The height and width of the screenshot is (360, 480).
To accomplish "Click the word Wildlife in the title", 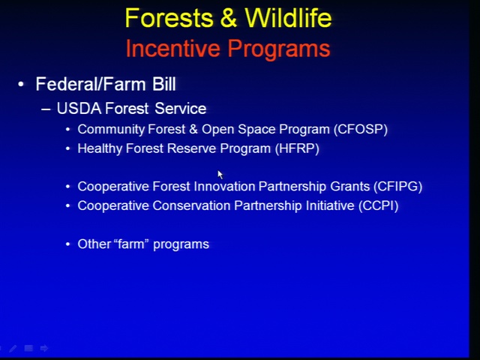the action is click(x=288, y=18).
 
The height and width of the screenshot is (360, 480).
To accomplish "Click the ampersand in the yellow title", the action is click(x=228, y=18).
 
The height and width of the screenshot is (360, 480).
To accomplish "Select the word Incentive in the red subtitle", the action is click(x=172, y=48).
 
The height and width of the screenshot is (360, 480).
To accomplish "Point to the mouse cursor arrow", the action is click(x=220, y=175).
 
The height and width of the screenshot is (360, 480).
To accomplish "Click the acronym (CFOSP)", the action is click(x=361, y=130).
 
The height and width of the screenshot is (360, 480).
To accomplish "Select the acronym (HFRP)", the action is click(x=297, y=148).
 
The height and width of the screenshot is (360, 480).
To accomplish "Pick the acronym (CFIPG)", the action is click(x=397, y=187).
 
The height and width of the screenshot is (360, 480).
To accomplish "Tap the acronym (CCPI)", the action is click(x=378, y=205).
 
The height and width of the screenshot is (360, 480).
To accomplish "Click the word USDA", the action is click(x=79, y=109).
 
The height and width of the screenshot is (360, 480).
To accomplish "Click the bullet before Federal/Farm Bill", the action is click(x=21, y=85).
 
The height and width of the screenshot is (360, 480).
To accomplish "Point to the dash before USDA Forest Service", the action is click(x=46, y=109).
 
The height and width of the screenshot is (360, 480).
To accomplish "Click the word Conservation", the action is click(x=192, y=205).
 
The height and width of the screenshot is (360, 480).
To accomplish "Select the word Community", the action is click(x=111, y=130).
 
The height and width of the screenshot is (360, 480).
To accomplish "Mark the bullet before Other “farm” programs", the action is click(x=68, y=244).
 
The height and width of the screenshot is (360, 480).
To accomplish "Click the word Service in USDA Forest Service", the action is click(x=180, y=109).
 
